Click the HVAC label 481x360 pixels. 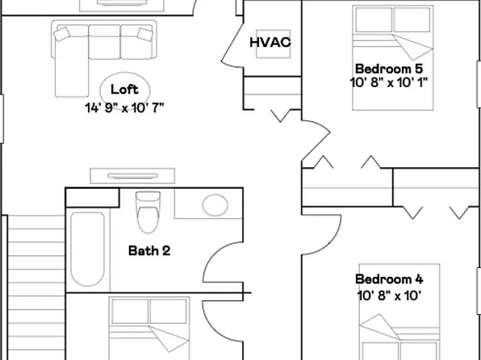pyautogui.click(x=270, y=42)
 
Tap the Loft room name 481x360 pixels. pyautogui.click(x=124, y=90)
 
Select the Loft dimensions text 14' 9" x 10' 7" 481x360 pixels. pyautogui.click(x=124, y=107)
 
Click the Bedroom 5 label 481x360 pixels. pyautogui.click(x=389, y=68)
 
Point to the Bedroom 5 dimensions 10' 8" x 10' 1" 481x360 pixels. pyautogui.click(x=389, y=82)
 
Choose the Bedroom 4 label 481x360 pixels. pyautogui.click(x=389, y=279)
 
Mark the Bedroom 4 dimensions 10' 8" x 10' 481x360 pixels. pyautogui.click(x=389, y=295)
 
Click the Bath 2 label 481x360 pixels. pyautogui.click(x=149, y=250)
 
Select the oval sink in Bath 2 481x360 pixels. pyautogui.click(x=214, y=204)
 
